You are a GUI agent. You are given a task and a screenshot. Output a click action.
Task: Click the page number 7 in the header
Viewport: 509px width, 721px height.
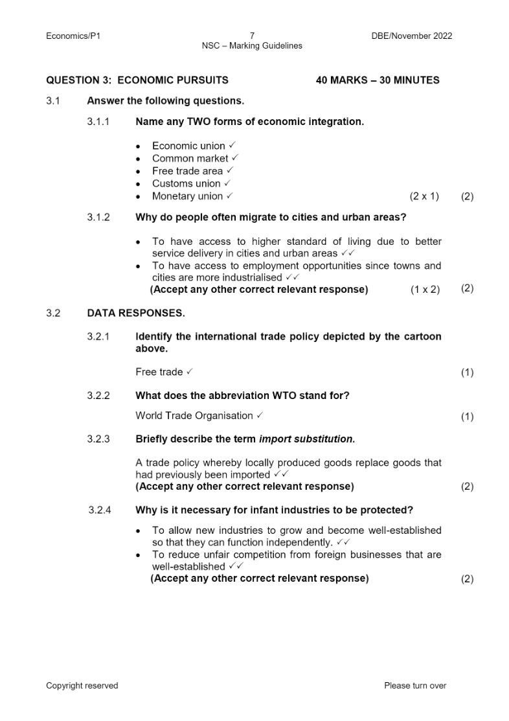pyautogui.click(x=252, y=36)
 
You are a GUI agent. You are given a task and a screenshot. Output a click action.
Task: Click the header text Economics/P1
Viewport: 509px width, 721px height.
pyautogui.click(x=73, y=36)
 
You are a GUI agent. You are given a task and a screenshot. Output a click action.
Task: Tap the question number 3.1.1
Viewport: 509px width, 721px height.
pyautogui.click(x=98, y=121)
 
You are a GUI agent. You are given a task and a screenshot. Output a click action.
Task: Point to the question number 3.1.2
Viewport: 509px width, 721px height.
pyautogui.click(x=98, y=217)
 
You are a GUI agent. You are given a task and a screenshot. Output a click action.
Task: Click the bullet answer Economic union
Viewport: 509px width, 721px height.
pyautogui.click(x=188, y=146)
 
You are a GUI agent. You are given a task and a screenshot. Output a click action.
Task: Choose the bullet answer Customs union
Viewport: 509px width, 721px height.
pyautogui.click(x=186, y=183)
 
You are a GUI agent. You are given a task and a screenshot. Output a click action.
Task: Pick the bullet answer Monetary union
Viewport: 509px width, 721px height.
pyautogui.click(x=187, y=196)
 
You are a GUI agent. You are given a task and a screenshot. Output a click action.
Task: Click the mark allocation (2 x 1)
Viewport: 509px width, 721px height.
pyautogui.click(x=424, y=196)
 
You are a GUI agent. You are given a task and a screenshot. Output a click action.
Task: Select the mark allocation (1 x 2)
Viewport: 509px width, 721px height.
pyautogui.click(x=425, y=290)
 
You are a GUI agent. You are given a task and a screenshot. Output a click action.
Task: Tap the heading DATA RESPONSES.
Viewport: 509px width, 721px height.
pyautogui.click(x=135, y=313)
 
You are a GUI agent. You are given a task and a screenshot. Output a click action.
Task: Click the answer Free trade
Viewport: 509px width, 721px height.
pyautogui.click(x=159, y=372)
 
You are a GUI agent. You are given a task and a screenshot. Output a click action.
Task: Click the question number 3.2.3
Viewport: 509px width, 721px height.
pyautogui.click(x=98, y=439)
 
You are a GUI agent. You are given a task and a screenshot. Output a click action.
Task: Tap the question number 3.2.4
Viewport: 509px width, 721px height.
pyautogui.click(x=100, y=510)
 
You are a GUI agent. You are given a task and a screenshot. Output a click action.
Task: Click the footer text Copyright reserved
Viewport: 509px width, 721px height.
pyautogui.click(x=82, y=685)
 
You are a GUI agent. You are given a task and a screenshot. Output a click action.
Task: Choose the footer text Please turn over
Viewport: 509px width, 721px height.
pyautogui.click(x=415, y=685)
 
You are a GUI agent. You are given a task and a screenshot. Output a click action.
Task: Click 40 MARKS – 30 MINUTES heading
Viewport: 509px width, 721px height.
pyautogui.click(x=378, y=80)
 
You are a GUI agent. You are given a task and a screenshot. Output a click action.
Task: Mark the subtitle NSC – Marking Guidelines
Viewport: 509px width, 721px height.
pyautogui.click(x=252, y=46)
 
